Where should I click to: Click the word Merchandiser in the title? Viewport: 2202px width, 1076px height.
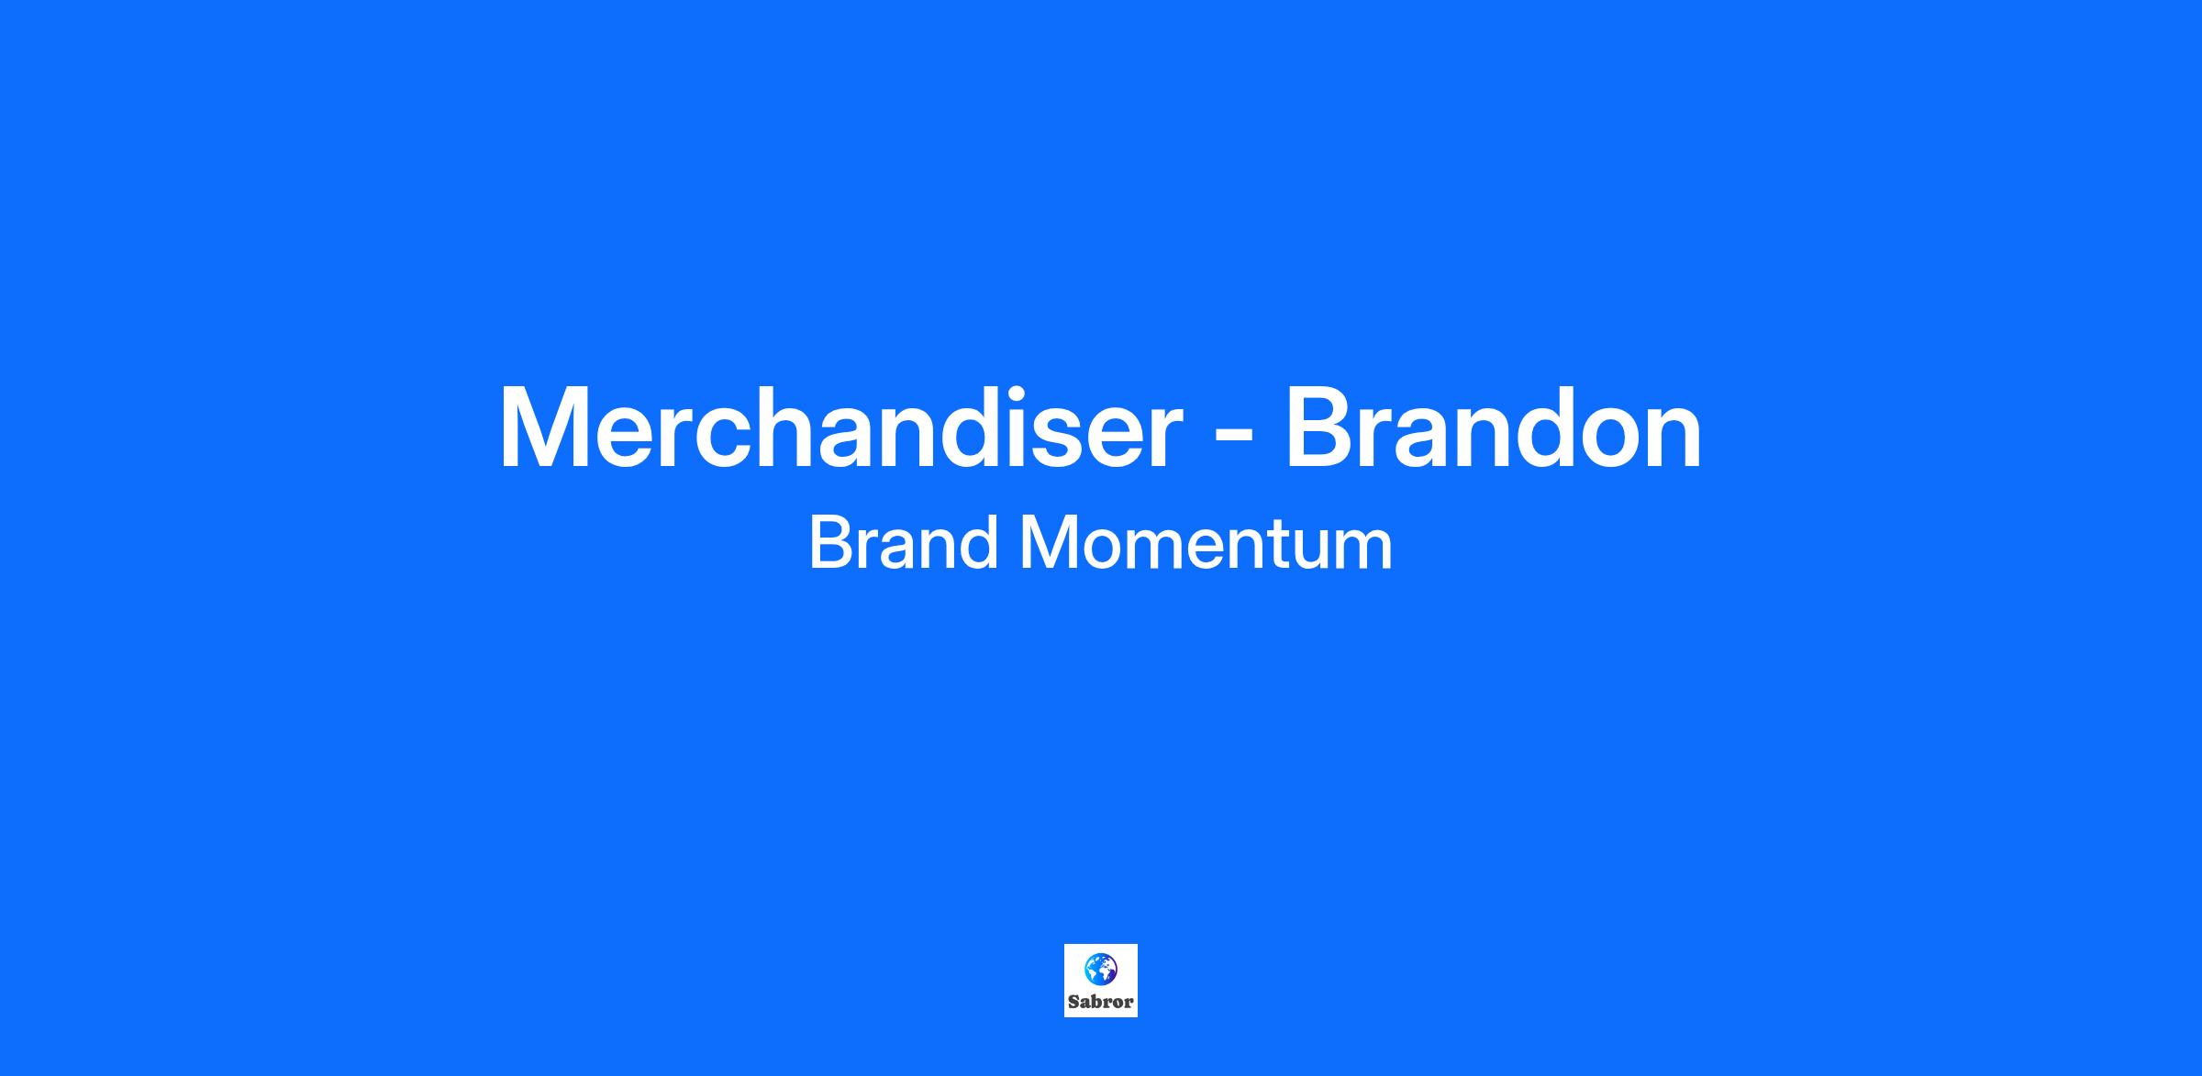coord(840,427)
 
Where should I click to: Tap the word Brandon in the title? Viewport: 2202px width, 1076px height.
coord(1493,427)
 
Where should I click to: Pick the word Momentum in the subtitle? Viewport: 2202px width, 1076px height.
coord(1207,542)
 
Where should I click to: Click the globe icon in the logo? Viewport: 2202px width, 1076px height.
coord(1100,968)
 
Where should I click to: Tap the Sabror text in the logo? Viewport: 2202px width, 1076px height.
coord(1100,1002)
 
